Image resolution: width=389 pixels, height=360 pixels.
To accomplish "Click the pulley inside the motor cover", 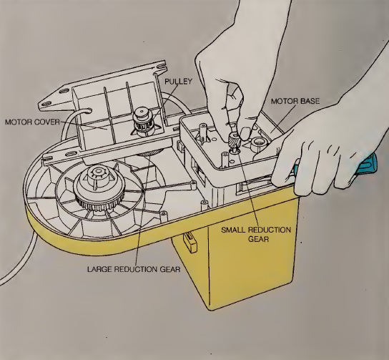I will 144,120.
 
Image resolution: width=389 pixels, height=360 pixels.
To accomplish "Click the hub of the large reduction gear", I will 99,177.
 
